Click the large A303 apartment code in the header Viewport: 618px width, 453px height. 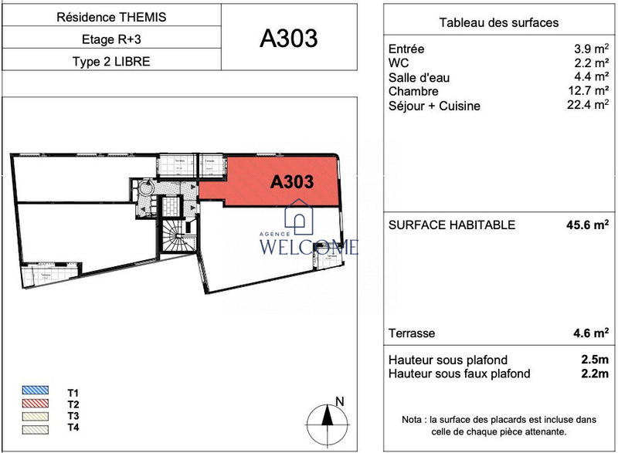[x=289, y=38]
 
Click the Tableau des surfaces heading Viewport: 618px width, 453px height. [x=498, y=22]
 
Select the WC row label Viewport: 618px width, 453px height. [x=398, y=63]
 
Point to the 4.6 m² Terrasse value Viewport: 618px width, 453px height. [x=587, y=333]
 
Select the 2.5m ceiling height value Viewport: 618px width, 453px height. [x=592, y=360]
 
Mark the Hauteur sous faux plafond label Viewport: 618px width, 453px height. [x=459, y=374]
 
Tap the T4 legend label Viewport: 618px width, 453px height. [x=73, y=428]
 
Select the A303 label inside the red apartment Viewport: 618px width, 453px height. [x=291, y=182]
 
